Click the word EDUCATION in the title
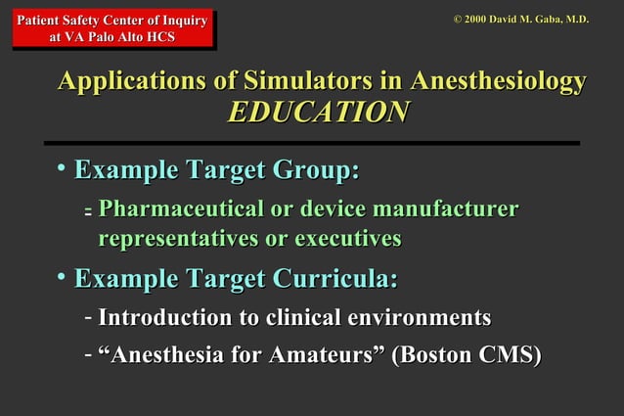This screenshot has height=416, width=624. coord(317,113)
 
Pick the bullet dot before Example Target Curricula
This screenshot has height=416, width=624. coord(62,278)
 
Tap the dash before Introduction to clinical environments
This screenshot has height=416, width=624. coord(88,317)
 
